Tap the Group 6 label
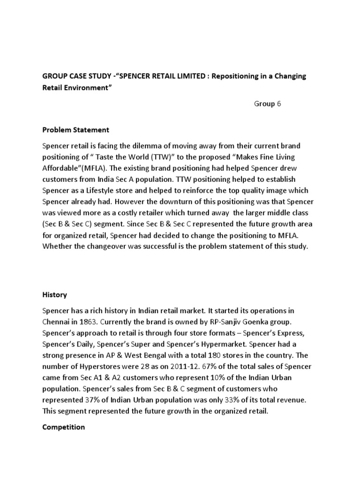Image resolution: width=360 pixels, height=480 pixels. click(267, 104)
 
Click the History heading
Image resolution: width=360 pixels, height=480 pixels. click(55, 295)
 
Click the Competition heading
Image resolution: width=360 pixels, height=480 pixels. click(64, 427)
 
